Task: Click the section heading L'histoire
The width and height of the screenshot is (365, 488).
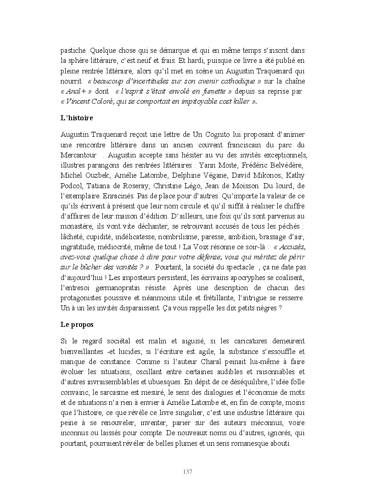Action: click(77, 118)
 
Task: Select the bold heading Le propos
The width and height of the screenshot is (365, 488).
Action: click(77, 325)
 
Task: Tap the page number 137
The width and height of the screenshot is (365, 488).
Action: click(187, 472)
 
